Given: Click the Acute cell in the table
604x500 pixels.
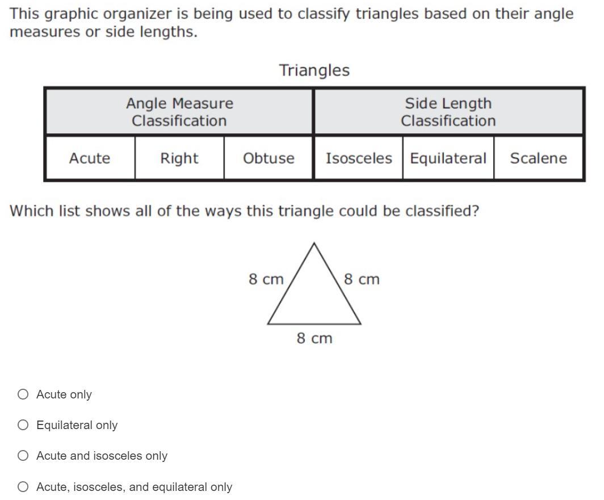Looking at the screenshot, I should click(90, 158).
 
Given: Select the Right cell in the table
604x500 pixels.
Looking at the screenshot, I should click(179, 158).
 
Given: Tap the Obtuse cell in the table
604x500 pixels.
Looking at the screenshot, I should click(269, 158).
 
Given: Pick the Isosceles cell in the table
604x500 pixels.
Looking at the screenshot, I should click(359, 158).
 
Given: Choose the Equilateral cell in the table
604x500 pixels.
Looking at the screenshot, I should click(448, 158).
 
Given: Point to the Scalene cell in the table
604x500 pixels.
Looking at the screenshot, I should click(538, 158).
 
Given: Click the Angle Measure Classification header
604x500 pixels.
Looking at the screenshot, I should click(179, 112).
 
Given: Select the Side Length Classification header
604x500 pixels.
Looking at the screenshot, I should click(448, 112).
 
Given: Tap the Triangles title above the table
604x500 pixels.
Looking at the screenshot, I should click(314, 70).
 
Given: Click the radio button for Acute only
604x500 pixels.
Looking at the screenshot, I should click(23, 394).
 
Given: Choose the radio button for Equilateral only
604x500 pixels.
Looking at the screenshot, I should click(23, 425).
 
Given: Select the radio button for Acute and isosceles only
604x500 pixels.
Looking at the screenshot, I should click(23, 456).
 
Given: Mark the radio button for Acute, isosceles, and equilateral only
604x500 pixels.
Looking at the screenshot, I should click(23, 486).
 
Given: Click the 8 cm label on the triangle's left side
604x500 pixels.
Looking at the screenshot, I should click(266, 279).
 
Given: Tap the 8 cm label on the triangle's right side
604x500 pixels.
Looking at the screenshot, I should click(362, 279).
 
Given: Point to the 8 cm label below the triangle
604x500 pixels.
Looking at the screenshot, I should click(314, 338).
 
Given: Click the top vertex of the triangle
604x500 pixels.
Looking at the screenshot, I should click(314, 243).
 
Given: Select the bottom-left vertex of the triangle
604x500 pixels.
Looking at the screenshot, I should click(268, 324).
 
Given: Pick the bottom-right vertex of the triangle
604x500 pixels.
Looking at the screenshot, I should click(360, 324).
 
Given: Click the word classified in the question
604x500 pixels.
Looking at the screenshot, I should click(442, 211).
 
